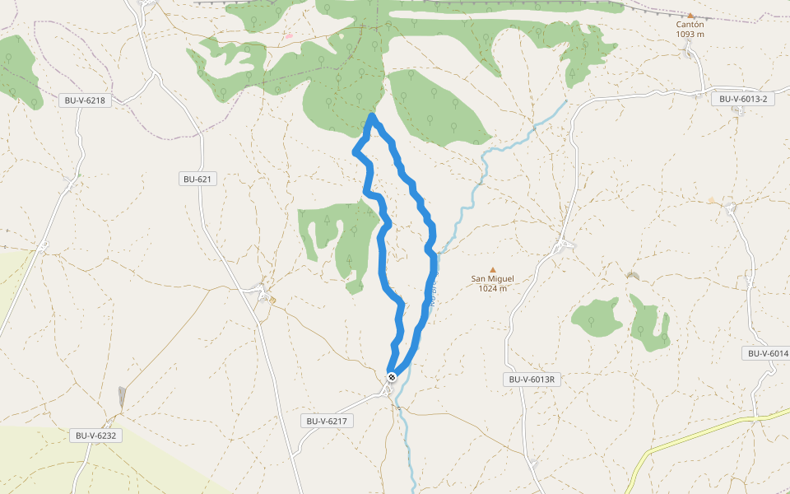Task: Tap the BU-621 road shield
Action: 197,179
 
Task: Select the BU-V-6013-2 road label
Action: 742,99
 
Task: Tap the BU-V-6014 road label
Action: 766,353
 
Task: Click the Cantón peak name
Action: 690,25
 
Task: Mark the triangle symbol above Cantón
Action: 690,15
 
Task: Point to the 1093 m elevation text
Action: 690,35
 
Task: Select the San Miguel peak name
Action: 492,278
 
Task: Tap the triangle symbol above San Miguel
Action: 493,269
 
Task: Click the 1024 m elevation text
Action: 492,288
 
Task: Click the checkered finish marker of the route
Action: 392,376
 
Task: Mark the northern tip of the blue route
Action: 373,117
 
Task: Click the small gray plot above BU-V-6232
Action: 123,398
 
